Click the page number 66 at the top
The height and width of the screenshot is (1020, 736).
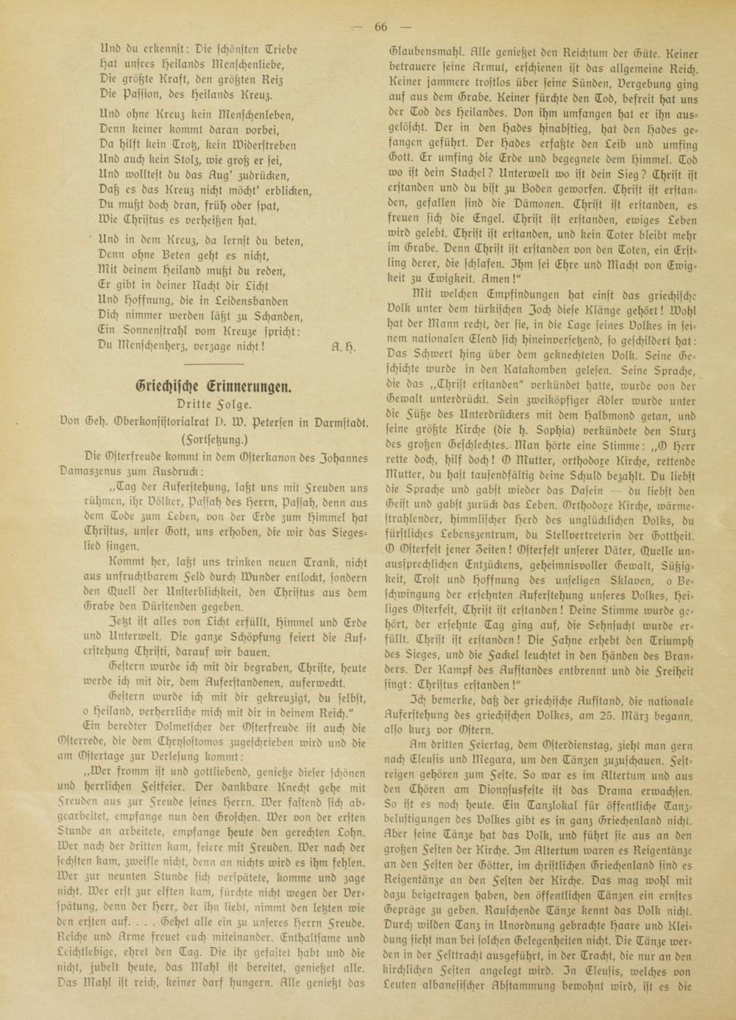coord(380,27)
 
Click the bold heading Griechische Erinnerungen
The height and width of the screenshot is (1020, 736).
coord(214,386)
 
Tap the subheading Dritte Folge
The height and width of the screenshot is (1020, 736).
coord(213,404)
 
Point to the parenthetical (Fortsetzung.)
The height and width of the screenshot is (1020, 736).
coord(213,439)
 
